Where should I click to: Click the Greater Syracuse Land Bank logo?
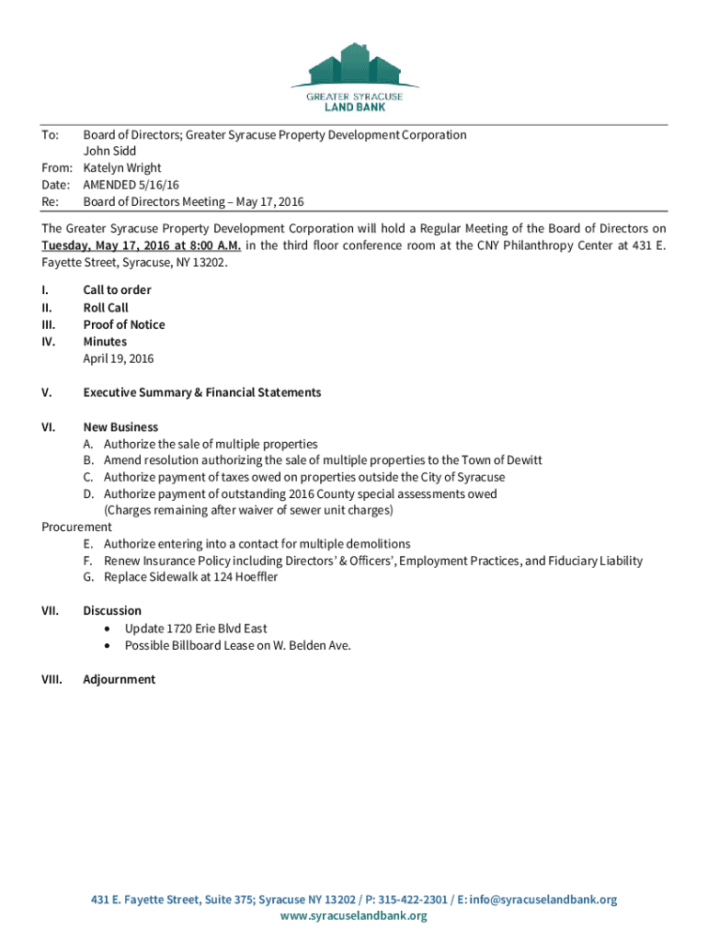click(x=353, y=76)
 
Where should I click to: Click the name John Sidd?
click(x=109, y=152)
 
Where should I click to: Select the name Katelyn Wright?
click(x=122, y=168)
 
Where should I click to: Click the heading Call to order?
click(x=117, y=290)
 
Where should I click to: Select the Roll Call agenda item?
click(x=106, y=308)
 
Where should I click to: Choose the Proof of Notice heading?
click(x=124, y=324)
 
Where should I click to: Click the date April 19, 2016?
click(x=119, y=358)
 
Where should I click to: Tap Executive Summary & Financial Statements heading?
click(x=201, y=392)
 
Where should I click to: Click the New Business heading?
click(x=120, y=427)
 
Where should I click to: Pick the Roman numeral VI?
click(x=49, y=427)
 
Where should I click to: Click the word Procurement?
click(x=77, y=527)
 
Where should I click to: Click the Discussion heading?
click(x=112, y=611)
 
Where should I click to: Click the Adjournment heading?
click(x=119, y=680)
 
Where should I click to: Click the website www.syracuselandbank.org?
click(x=354, y=916)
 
